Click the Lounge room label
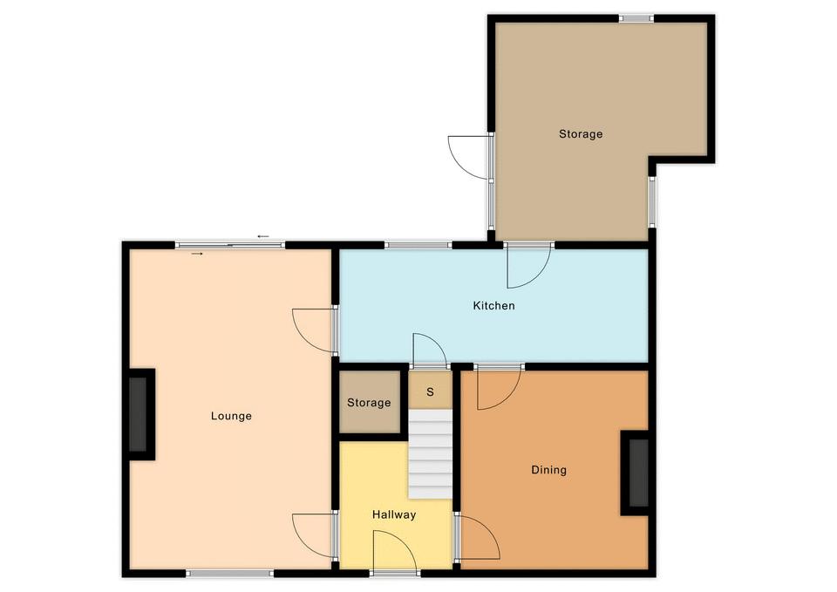231,416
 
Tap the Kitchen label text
493,305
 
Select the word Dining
548,470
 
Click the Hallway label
394,514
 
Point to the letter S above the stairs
430,391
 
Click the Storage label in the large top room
581,134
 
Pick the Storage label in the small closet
369,403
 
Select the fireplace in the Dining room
636,473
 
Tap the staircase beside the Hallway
430,453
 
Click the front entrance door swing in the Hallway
395,552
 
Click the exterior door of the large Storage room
469,157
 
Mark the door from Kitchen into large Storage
528,265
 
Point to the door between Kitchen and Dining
499,388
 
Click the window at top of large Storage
636,18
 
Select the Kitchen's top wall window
418,246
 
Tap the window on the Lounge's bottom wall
229,574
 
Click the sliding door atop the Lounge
230,245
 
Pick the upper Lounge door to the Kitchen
315,330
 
